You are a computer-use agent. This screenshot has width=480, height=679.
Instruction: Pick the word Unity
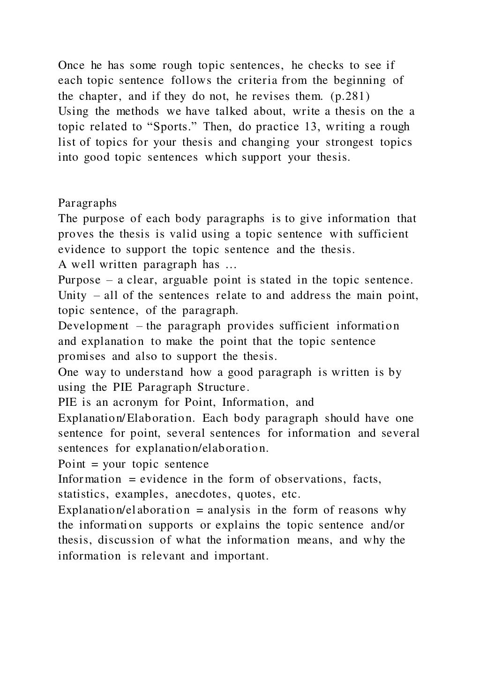click(x=72, y=296)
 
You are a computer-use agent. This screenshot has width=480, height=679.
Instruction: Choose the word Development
click(x=93, y=326)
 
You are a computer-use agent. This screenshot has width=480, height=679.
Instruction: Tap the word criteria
click(x=261, y=81)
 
